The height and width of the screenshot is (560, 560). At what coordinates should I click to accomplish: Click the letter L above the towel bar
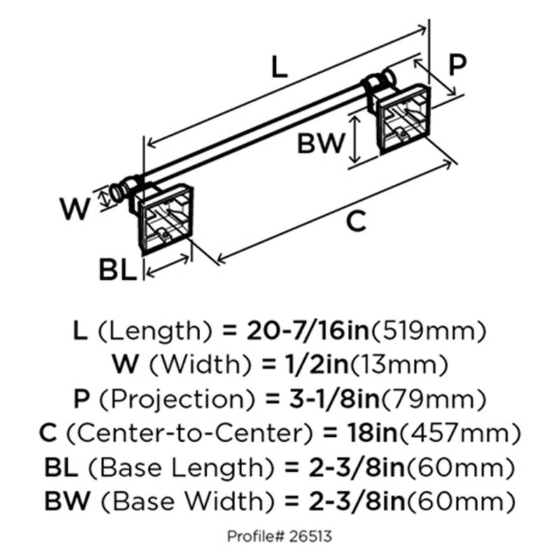click(279, 67)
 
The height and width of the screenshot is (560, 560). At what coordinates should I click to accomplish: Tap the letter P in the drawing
click(457, 64)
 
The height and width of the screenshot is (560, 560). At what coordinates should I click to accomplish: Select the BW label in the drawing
click(321, 143)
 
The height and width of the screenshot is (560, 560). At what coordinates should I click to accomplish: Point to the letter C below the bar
click(356, 221)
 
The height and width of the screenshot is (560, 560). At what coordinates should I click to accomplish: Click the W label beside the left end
click(75, 209)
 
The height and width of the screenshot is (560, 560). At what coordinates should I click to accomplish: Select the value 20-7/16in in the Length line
click(307, 330)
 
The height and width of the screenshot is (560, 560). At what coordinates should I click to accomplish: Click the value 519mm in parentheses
click(428, 331)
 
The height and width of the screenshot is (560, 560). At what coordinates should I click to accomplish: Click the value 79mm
click(433, 400)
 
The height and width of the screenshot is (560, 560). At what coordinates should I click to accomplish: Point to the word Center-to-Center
click(190, 433)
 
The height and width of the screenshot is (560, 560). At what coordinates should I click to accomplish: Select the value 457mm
click(459, 433)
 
